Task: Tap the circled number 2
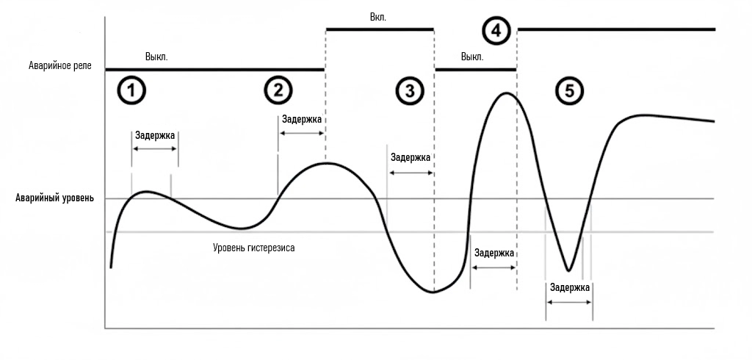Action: click(278, 90)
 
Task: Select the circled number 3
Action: click(410, 90)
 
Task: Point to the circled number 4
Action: click(496, 31)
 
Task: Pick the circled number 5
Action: click(570, 90)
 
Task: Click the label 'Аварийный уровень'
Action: click(54, 199)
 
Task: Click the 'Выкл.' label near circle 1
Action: click(157, 56)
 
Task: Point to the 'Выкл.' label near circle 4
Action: click(471, 56)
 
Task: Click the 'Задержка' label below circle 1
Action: click(155, 134)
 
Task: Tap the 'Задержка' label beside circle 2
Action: click(302, 119)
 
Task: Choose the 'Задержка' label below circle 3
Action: click(411, 157)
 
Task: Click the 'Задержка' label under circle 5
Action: click(569, 288)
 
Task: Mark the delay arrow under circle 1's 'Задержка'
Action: click(155, 148)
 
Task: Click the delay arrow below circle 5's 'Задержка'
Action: click(569, 302)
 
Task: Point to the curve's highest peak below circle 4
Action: click(505, 93)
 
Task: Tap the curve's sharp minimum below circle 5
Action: click(568, 270)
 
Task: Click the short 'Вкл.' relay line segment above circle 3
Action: click(380, 29)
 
